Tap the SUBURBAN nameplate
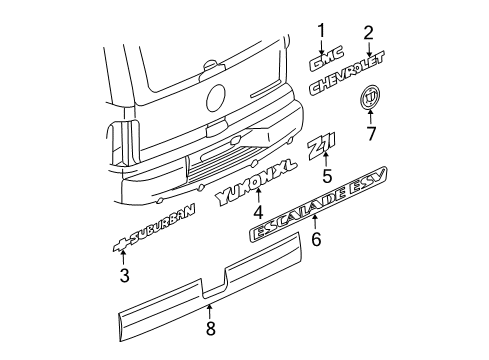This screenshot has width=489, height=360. click(150, 244)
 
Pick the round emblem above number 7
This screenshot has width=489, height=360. click(371, 100)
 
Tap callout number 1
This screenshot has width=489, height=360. click(322, 29)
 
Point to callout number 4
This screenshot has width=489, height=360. click(257, 213)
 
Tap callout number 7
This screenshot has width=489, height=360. click(372, 133)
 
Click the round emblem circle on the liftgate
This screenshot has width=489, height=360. click(215, 99)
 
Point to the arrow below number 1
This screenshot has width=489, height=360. click(322, 45)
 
